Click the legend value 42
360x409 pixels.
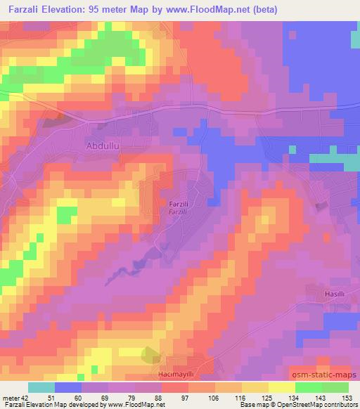coord(25,398)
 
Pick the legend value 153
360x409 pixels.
coord(348,398)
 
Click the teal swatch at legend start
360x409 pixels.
coord(41,387)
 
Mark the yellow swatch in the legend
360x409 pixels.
coord(282,387)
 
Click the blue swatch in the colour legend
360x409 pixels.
coord(68,387)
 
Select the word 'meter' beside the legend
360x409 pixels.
coord(10,398)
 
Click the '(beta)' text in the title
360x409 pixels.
coord(263,10)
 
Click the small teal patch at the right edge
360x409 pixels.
coord(351,162)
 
